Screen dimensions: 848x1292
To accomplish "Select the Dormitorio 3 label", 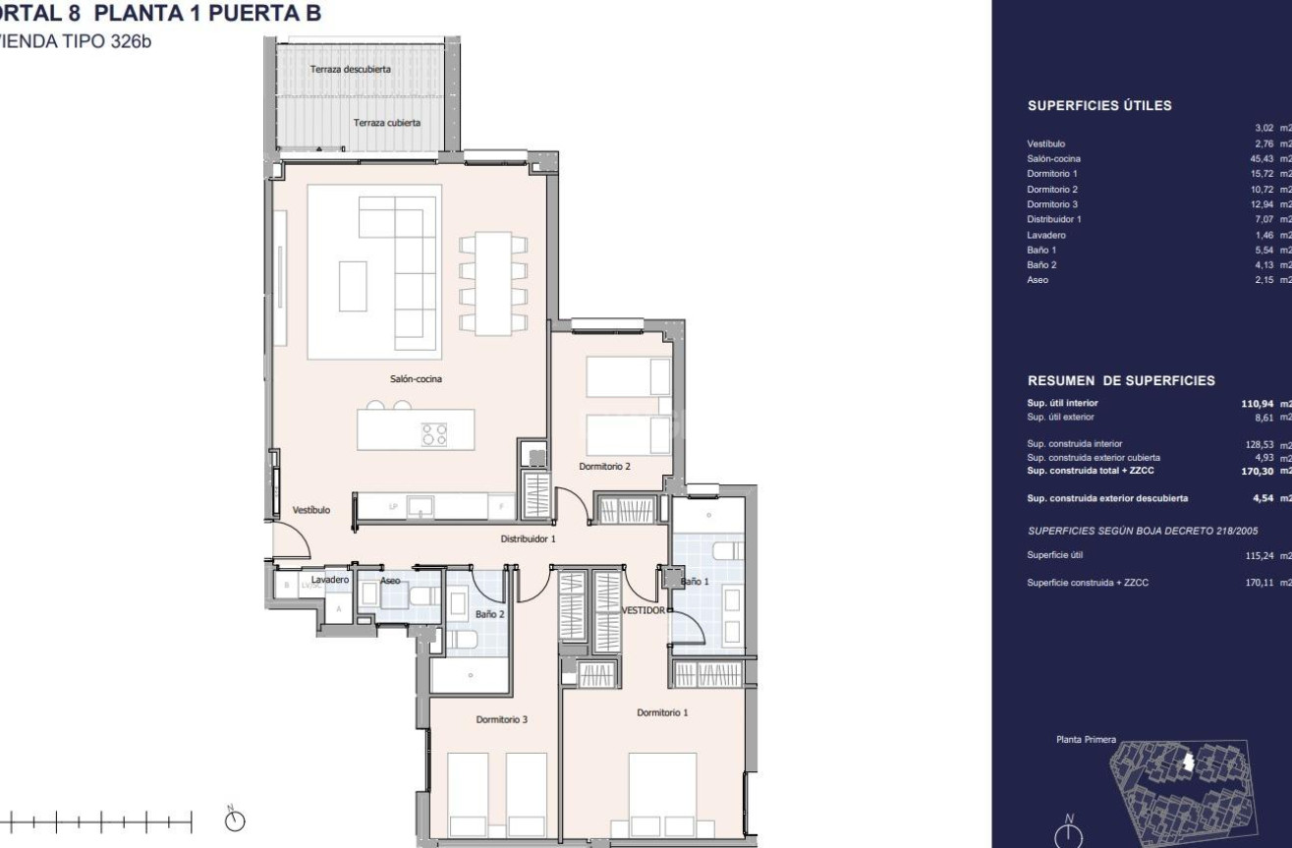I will coord(502,719).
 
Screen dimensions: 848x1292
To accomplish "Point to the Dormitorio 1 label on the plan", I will coord(662,712).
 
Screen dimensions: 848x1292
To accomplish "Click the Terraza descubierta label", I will coord(351,70).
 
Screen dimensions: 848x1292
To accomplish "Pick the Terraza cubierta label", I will coord(387,123).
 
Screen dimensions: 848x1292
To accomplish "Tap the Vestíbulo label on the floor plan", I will coord(310,510).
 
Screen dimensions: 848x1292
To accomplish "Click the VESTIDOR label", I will coord(643,610).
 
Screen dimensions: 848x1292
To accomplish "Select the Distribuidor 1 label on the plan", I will coord(529,538).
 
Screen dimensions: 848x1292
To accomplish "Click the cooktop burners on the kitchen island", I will coord(434,434).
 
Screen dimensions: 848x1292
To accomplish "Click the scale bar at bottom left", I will coord(98,819).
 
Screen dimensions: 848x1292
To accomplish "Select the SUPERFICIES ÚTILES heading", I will coord(1099,106).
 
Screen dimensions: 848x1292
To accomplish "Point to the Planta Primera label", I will coord(1086,739).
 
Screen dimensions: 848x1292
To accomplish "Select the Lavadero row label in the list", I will coord(1046,235).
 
